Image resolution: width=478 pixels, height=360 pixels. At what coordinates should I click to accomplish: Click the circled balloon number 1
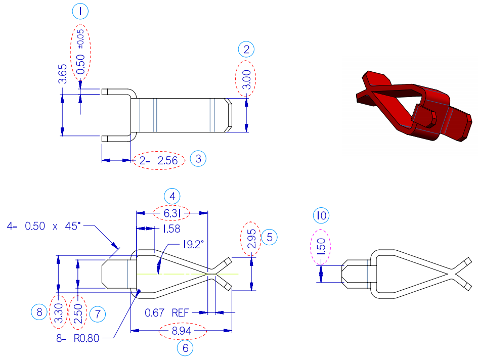(x=80, y=11)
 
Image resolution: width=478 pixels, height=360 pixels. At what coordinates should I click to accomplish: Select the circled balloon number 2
(x=246, y=50)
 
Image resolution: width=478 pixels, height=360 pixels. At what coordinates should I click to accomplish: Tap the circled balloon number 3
(x=198, y=159)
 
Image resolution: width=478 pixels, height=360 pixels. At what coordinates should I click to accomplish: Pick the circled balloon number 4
(x=172, y=196)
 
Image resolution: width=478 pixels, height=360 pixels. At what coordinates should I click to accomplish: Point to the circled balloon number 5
(x=270, y=237)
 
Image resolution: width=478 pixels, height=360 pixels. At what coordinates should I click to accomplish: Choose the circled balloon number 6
(x=185, y=348)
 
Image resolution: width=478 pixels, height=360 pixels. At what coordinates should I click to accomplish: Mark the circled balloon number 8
(x=40, y=312)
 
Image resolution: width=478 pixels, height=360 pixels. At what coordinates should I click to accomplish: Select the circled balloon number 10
(x=321, y=216)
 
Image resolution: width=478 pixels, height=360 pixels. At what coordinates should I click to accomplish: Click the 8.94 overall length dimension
(x=183, y=332)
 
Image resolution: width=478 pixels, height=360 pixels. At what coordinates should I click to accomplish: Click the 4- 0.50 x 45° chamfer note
(x=43, y=226)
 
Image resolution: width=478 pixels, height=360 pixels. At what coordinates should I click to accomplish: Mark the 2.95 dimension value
(x=251, y=238)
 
